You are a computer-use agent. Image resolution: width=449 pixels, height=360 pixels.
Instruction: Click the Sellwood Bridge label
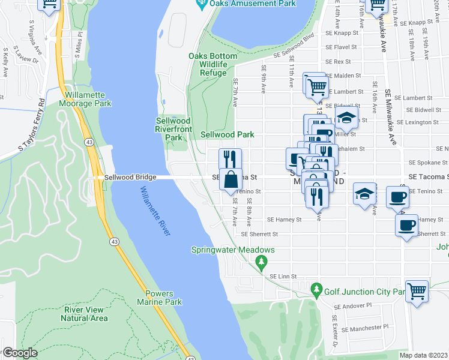click(x=130, y=177)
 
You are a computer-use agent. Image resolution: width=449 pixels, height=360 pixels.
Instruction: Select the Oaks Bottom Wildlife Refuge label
click(x=212, y=64)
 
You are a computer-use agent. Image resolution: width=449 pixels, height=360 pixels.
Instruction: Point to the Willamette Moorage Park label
click(x=86, y=99)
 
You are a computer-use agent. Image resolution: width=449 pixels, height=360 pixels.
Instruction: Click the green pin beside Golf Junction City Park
click(x=317, y=291)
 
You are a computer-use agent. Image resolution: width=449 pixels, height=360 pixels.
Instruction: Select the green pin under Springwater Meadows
click(x=261, y=262)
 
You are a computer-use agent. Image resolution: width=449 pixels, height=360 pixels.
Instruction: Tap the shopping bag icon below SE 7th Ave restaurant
click(x=231, y=179)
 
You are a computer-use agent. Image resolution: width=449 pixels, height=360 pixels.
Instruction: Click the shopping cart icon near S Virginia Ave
click(x=49, y=4)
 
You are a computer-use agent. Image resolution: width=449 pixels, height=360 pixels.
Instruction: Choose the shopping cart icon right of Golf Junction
click(x=417, y=292)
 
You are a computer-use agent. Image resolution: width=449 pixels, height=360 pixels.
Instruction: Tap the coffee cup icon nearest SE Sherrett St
click(x=406, y=226)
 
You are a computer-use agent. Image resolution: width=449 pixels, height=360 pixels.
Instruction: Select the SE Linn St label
click(x=283, y=275)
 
